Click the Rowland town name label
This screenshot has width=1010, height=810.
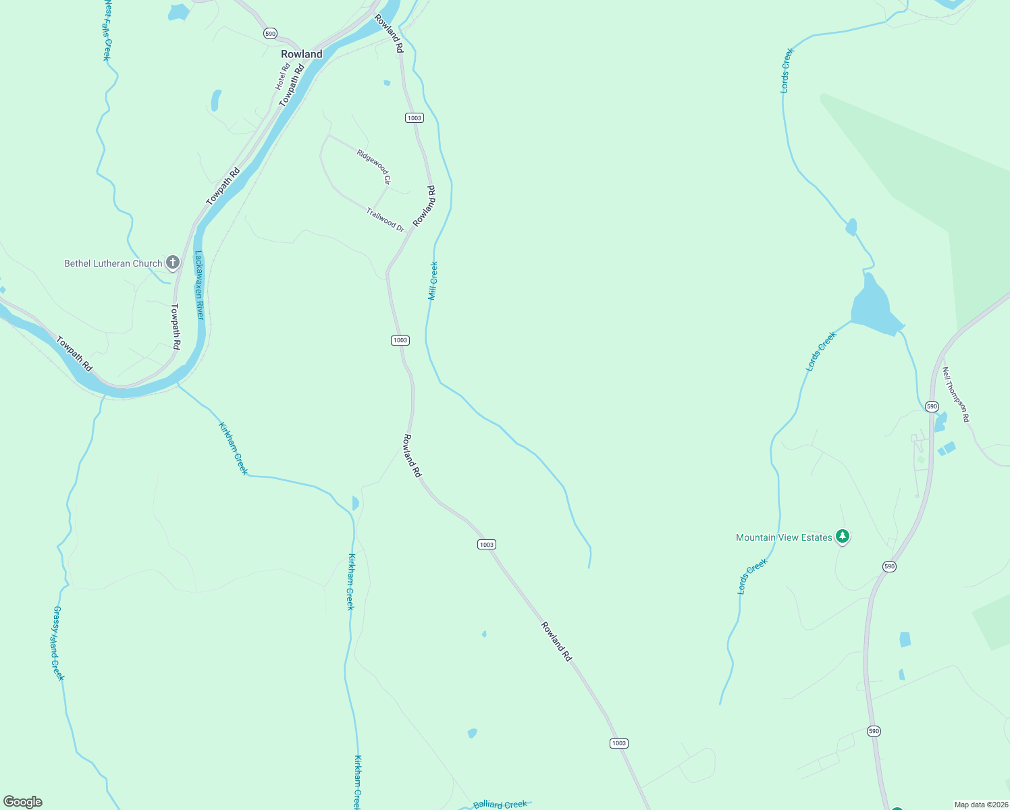pos(301,54)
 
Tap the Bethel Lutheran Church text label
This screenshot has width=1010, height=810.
pos(113,263)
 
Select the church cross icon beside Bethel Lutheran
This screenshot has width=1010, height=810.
pos(173,263)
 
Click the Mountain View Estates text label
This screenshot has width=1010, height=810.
pos(784,537)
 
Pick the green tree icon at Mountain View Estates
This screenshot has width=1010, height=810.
pos(842,537)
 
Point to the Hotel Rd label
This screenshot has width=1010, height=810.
pos(282,76)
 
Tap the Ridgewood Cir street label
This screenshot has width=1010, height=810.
pos(374,167)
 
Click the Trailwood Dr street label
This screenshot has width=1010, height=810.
pos(385,220)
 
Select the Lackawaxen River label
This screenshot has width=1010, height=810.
pos(199,285)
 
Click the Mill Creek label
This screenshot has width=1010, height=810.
pos(433,281)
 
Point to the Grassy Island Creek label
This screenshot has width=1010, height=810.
pos(58,643)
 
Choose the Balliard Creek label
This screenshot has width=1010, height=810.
pos(500,804)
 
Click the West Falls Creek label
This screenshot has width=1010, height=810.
pos(107,30)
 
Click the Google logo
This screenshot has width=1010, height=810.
pos(23,802)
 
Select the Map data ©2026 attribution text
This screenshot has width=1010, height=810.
pos(980,805)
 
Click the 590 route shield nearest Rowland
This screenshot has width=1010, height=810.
pos(270,33)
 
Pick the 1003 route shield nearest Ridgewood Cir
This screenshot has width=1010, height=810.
pos(414,117)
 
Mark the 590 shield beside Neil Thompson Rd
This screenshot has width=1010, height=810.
pos(932,406)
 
